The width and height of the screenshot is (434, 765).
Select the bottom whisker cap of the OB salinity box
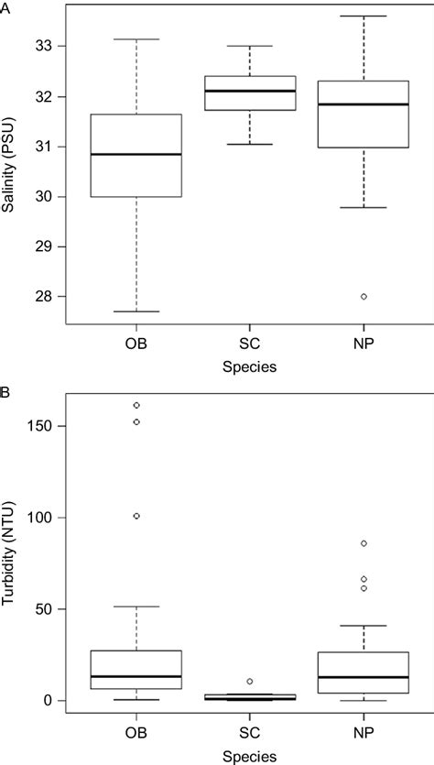(x=136, y=311)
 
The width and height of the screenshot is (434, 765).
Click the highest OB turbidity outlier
(x=136, y=405)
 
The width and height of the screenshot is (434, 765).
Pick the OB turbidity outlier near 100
(x=136, y=516)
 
